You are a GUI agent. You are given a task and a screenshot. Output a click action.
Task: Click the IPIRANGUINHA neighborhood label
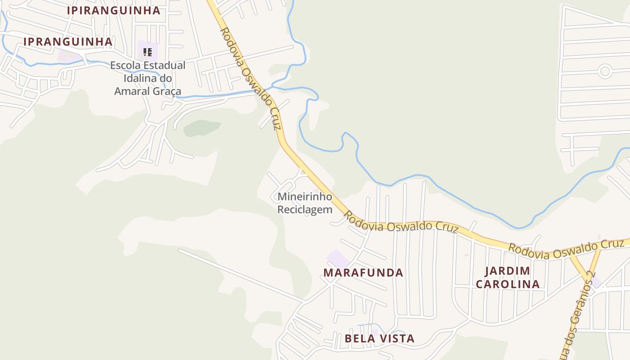click(113, 10)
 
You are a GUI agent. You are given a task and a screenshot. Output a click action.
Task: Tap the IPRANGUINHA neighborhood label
click(68, 42)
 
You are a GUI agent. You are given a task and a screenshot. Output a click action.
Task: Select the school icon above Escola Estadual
click(147, 52)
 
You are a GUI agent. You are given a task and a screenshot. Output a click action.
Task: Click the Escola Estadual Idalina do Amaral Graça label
click(148, 78)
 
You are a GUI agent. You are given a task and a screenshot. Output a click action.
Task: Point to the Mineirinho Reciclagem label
click(305, 203)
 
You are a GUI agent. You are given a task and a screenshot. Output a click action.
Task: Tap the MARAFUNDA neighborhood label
click(363, 273)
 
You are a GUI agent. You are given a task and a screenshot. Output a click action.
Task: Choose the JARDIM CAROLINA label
click(508, 278)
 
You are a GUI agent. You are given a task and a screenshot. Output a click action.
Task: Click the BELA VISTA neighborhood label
click(379, 338)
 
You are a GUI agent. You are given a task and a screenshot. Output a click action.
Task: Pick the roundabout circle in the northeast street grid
click(605, 71)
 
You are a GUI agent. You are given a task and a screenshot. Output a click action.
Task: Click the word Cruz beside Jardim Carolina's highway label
click(613, 244)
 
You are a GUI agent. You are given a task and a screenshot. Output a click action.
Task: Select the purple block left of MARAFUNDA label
click(337, 259)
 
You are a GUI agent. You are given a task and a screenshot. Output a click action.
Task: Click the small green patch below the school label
click(202, 128)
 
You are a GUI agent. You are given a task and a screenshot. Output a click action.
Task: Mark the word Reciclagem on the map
click(305, 210)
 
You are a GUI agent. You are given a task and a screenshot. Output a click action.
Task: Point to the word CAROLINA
click(508, 284)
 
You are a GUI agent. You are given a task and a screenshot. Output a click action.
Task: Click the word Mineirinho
click(305, 197)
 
